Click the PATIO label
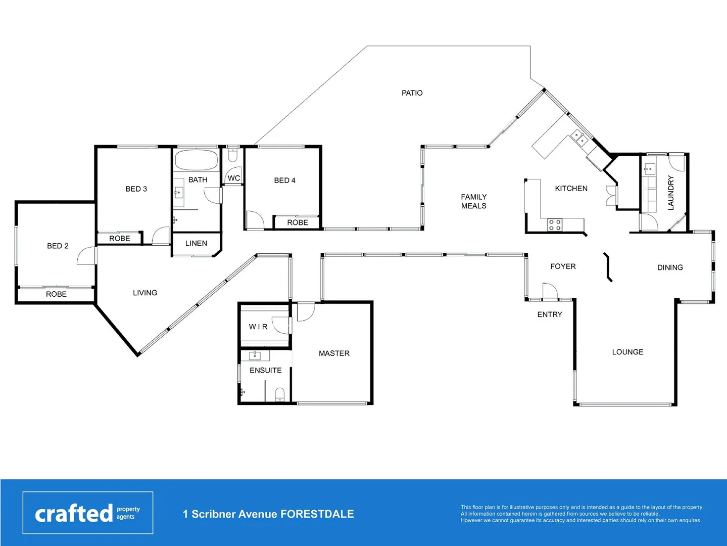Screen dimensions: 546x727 click(x=412, y=93)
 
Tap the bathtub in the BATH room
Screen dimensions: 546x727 click(x=196, y=160)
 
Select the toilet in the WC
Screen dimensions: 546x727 click(x=232, y=155)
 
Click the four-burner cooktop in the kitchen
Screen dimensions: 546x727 click(x=554, y=225)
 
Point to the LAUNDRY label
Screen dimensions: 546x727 click(x=671, y=193)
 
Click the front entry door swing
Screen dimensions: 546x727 click(x=550, y=291)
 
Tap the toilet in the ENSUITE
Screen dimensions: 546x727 click(x=279, y=394)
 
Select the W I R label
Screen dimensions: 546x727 click(x=258, y=327)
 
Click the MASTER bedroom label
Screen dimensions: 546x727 click(x=334, y=353)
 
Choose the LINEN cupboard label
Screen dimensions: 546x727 click(x=196, y=244)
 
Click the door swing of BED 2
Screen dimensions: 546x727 click(x=86, y=256)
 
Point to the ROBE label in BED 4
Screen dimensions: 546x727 click(x=297, y=222)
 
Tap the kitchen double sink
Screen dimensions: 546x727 click(x=578, y=137)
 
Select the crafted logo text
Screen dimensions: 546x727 click(x=74, y=514)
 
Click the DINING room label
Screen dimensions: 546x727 click(x=670, y=267)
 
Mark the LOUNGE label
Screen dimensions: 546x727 click(x=627, y=352)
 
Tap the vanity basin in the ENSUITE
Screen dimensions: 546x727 click(x=255, y=355)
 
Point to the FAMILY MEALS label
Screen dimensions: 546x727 click(x=473, y=201)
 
